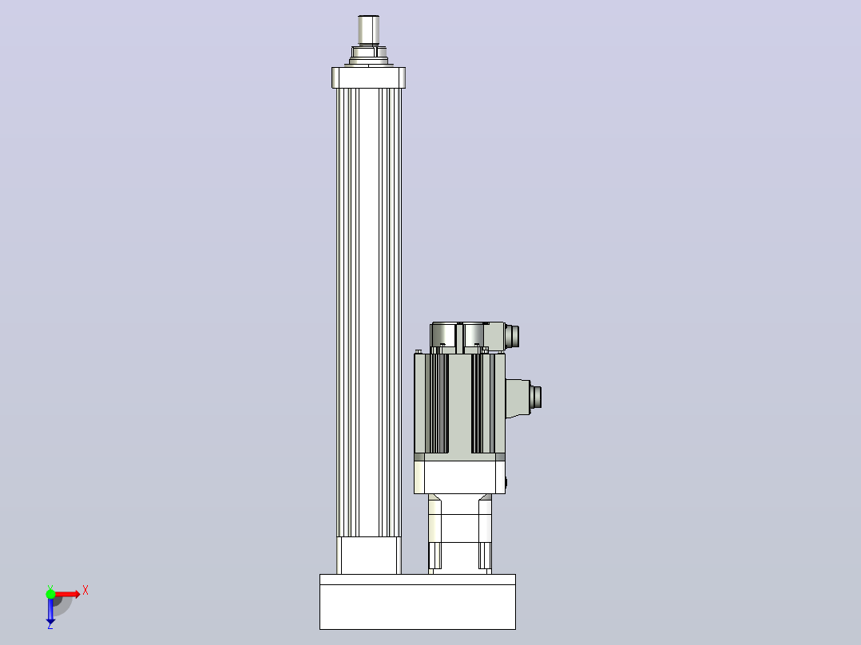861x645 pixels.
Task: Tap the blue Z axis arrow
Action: coord(50,610)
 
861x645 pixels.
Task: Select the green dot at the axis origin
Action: coord(50,594)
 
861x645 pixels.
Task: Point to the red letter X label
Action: coord(85,591)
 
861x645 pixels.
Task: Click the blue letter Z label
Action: coord(50,625)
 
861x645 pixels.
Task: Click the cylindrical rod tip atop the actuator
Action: coord(368,31)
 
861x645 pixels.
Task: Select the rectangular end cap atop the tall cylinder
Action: coord(368,77)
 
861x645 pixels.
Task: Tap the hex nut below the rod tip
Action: coord(369,53)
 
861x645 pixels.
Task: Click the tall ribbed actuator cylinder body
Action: coord(369,312)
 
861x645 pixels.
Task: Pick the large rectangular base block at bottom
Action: coord(418,602)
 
